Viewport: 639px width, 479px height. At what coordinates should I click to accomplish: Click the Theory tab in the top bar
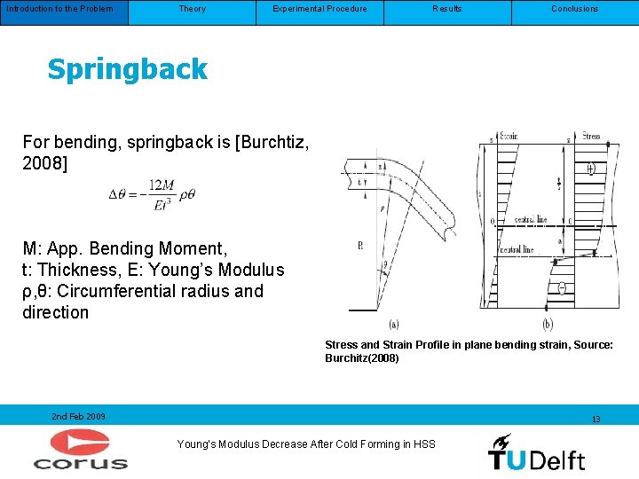tap(192, 9)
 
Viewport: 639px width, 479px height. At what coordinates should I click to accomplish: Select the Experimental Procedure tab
tap(319, 9)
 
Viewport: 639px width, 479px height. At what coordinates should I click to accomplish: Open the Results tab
tap(446, 9)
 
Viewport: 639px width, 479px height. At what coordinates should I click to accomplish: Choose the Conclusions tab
tap(574, 9)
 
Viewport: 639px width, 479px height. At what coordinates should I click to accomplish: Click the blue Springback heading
tap(127, 69)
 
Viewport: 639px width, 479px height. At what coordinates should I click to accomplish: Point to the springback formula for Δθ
tap(152, 194)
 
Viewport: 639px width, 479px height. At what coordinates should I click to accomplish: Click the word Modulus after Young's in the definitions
tap(251, 270)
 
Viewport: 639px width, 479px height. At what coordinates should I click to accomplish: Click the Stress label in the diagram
tap(589, 136)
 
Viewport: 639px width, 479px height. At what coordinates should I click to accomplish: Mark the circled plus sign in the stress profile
tap(591, 167)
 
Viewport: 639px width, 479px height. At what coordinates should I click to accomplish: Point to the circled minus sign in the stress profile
tap(563, 287)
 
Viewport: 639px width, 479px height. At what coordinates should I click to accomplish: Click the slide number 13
tap(596, 419)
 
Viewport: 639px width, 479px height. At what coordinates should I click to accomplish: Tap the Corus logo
tap(80, 449)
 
